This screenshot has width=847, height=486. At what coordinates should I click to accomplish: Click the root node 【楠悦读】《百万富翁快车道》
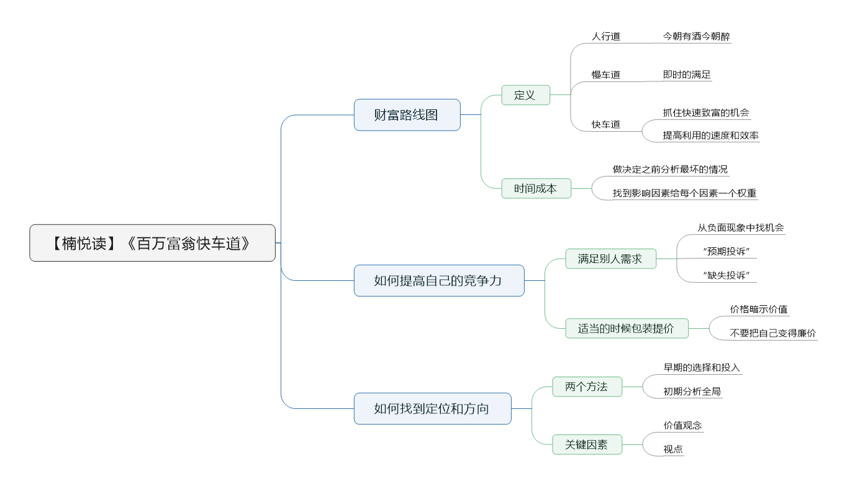tap(152, 243)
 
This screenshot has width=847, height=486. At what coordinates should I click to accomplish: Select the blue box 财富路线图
tap(407, 115)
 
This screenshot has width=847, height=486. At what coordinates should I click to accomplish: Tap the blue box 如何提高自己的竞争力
tap(439, 280)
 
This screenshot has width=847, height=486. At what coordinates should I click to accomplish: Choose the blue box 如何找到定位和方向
tap(433, 409)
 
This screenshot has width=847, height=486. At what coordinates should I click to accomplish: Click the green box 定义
tap(525, 95)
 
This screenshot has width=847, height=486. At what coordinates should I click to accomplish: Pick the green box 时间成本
tap(536, 188)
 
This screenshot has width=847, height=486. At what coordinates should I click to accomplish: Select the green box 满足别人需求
tap(610, 259)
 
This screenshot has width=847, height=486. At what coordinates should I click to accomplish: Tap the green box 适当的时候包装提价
tap(627, 329)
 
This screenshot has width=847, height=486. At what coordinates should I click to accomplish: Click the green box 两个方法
tap(587, 387)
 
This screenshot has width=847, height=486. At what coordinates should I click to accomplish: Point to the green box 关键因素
tap(587, 445)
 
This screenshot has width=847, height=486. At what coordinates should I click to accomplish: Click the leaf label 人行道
tap(606, 36)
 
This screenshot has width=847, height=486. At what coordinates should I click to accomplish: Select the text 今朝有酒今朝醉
tap(697, 36)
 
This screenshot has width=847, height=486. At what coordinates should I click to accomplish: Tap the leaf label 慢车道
tap(606, 75)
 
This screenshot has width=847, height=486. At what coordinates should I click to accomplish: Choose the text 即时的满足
tap(687, 75)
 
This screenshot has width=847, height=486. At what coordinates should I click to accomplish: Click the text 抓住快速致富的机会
tap(706, 112)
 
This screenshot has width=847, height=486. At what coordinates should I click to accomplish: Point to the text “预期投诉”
tap(726, 251)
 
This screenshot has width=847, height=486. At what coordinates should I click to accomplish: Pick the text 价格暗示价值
tap(759, 309)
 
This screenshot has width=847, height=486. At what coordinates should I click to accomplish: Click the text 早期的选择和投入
tap(702, 367)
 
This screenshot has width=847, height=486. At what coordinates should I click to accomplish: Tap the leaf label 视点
tap(673, 449)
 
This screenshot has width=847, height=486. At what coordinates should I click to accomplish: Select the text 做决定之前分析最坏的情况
tap(670, 169)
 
